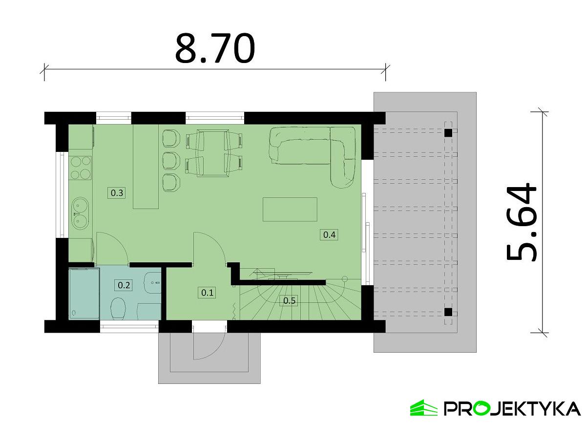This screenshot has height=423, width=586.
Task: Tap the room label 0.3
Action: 117,193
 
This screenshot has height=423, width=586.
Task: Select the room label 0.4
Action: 329,234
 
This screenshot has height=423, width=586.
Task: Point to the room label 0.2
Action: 124,285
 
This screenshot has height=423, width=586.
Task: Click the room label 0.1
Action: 208,293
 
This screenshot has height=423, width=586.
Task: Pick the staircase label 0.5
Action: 289,300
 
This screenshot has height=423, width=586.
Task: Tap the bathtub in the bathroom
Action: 84,293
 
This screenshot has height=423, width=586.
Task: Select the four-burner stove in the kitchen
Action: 81,168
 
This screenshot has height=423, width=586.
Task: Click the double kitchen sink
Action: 80,213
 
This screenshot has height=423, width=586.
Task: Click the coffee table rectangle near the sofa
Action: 290,209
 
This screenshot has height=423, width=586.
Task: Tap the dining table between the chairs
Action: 213,153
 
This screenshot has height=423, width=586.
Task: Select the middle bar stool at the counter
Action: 171,160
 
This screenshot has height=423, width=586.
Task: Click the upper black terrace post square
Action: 448,133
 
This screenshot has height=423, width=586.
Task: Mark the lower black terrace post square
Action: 448,312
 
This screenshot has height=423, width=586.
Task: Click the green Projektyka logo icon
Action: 423,407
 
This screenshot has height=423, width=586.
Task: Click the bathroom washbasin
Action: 152,282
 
